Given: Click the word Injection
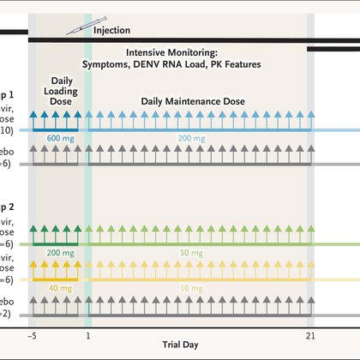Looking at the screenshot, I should click(x=111, y=30).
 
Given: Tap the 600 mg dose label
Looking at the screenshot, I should click(x=59, y=139).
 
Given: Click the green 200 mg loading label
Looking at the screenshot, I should click(x=59, y=254).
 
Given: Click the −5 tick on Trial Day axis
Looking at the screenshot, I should click(x=33, y=335).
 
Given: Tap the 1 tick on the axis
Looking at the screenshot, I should click(x=88, y=335).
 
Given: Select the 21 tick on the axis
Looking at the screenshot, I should click(x=310, y=335).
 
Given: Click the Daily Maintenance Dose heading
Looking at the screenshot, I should click(x=193, y=101).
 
